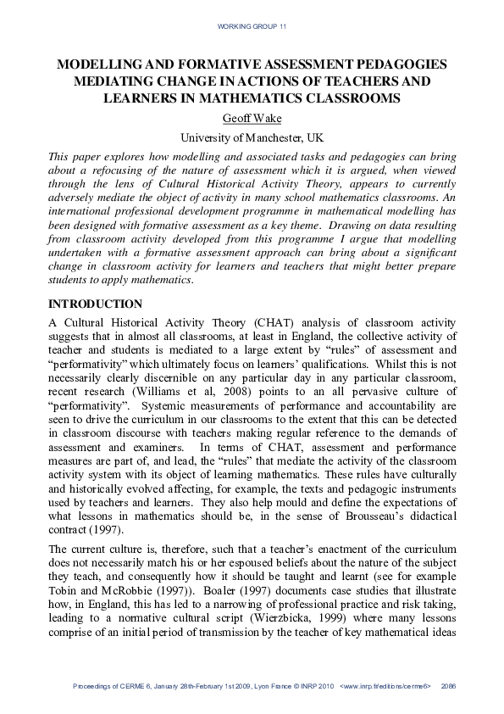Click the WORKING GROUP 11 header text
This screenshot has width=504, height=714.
click(252, 27)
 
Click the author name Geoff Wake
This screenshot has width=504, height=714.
click(252, 118)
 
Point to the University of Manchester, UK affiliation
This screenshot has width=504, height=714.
click(252, 137)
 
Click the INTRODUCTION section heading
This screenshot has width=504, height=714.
click(96, 304)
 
